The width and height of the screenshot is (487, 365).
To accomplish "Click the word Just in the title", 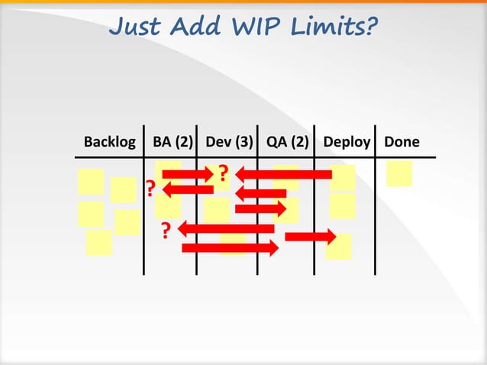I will tap(136, 27).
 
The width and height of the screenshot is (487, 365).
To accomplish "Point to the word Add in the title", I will tap(194, 27).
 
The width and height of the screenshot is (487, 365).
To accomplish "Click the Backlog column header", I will tap(110, 142).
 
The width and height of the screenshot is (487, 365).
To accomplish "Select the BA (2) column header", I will tap(173, 142).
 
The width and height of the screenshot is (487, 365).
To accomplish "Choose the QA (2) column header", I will tap(288, 142).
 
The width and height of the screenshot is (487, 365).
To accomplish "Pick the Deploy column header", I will tap(347, 142).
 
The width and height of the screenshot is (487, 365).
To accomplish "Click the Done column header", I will tap(402, 142).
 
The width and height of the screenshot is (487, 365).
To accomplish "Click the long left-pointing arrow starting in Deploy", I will tap(284, 175).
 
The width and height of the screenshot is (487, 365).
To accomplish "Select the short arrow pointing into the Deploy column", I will tap(310, 236).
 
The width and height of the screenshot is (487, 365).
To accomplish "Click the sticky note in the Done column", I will tap(399, 173).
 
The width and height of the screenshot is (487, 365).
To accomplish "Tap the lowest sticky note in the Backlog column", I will tap(99, 243).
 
